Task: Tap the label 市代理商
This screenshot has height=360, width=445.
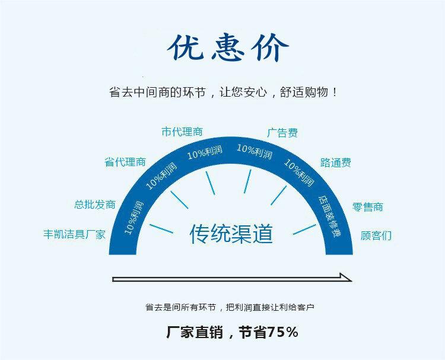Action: point(182,132)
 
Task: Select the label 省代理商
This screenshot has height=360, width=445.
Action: point(125,162)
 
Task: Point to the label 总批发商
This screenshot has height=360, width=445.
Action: point(95,205)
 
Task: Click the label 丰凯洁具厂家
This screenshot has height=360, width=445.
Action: point(74,234)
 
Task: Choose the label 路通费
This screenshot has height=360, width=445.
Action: point(336,162)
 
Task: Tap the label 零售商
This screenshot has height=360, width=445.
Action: point(367,207)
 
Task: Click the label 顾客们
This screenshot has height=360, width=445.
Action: point(376,235)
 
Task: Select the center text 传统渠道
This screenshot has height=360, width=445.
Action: point(231,234)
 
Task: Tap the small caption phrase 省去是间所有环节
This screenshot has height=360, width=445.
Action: point(182,307)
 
